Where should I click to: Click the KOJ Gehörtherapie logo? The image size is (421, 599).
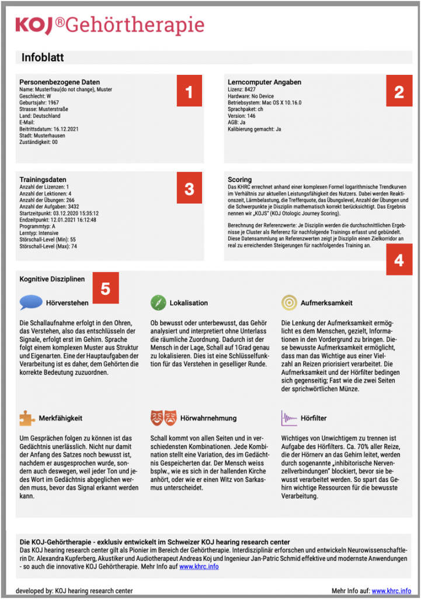coord(110,25)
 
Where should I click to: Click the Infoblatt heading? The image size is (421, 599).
coord(43,57)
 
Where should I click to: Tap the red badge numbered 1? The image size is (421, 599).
coord(189,92)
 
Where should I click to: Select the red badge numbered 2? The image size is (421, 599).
coord(399,92)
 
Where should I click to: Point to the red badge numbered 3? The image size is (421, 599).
coord(189,188)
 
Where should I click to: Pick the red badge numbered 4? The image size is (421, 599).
coord(399,260)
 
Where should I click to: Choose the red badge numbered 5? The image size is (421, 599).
coord(105,288)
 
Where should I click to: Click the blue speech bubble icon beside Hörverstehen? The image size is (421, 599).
coord(31,302)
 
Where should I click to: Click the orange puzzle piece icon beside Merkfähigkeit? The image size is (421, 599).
coord(27,418)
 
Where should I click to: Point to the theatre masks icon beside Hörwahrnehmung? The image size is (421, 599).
coord(164,418)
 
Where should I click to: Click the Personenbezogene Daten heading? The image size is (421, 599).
coord(60,82)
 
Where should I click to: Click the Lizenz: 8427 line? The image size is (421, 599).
coord(242,89)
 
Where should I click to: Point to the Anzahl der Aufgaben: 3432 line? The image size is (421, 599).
coord(49,206)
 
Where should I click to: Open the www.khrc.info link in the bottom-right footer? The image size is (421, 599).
coord(391,591)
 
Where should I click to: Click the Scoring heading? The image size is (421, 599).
coord(239,180)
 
